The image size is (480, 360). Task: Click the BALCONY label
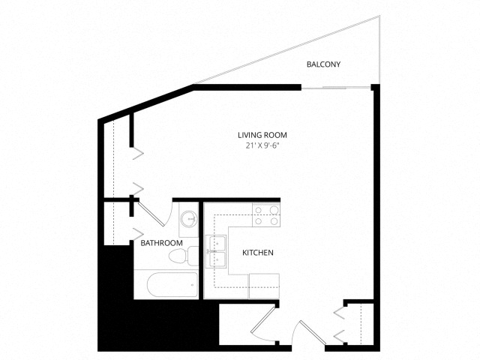pos(319,64)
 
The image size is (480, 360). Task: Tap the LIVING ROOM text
pos(262,135)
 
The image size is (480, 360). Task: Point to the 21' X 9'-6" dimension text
pos(262,145)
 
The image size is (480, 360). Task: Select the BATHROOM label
pos(161,243)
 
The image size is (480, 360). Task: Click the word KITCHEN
pos(258,253)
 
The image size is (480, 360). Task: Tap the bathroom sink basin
pos(189,219)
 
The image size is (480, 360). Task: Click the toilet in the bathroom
pos(184,256)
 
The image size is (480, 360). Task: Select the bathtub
pos(172,285)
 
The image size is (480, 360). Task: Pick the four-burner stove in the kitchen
pos(266,215)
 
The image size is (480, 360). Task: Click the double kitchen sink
pos(216,252)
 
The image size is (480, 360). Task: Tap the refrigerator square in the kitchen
pos(264,286)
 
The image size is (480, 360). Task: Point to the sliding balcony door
pos(336,88)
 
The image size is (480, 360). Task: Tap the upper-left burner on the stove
pos(259,210)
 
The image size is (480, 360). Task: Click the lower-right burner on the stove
pos(274,220)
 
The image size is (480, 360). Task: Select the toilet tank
pos(193,256)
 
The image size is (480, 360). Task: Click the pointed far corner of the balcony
pos(379,15)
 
